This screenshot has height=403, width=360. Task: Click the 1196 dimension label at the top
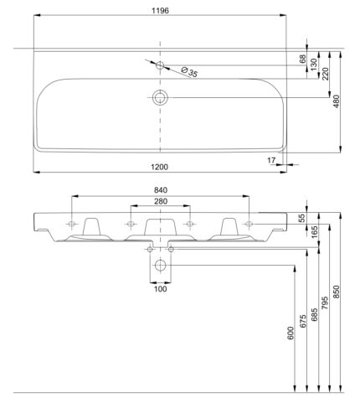pos(160,11)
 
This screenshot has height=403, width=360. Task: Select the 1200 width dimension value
pos(160,167)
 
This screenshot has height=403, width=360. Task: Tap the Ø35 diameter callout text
pos(189,72)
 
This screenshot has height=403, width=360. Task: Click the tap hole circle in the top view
pos(160,65)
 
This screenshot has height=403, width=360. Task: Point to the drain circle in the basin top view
pos(160,97)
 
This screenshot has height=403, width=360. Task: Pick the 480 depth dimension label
pos(337,101)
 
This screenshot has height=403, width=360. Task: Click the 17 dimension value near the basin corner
pos(271,160)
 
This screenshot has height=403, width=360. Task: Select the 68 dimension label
pos(303,59)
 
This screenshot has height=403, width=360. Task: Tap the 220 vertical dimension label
pos(326,74)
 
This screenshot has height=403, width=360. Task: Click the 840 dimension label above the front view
pos(161,190)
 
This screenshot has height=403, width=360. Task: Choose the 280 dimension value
pos(161,201)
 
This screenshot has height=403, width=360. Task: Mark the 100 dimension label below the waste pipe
pos(161,289)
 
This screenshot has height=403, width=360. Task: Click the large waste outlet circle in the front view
pos(161,265)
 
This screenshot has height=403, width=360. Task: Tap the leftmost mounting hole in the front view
pos(71,224)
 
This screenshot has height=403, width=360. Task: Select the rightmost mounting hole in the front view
pos(249,224)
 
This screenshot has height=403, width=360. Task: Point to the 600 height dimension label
pos(291,333)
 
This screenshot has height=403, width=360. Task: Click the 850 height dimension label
pos(337,292)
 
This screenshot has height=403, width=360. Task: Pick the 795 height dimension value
pos(325,303)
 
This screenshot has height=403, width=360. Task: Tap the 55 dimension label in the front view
pos(303,218)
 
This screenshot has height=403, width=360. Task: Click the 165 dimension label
pos(314,232)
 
